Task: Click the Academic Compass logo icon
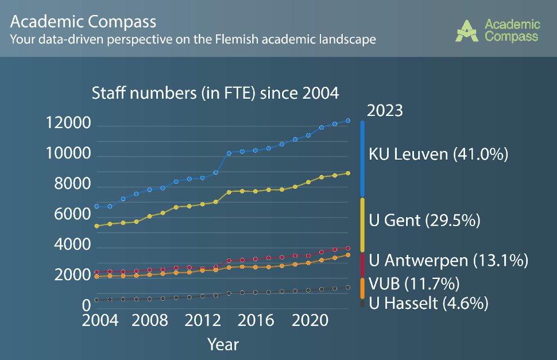[469, 31]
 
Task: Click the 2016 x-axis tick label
[253, 320]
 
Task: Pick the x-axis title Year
[223, 344]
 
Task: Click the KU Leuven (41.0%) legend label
[439, 154]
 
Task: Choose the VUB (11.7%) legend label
[413, 283]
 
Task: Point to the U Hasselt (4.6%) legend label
[428, 303]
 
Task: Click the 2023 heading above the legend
[385, 110]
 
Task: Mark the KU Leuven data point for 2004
[96, 206]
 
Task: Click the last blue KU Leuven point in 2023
[348, 121]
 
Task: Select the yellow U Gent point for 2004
[96, 226]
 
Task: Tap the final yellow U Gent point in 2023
[348, 173]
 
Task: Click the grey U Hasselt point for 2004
[96, 300]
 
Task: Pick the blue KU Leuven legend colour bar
[362, 158]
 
